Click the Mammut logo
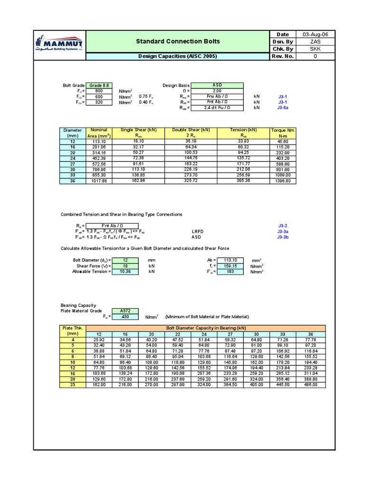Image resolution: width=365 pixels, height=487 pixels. click(x=59, y=45)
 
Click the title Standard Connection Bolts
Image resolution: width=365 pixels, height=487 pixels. click(x=178, y=41)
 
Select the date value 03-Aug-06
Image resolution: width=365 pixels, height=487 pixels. click(x=315, y=34)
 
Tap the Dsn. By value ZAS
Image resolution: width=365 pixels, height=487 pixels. click(x=315, y=41)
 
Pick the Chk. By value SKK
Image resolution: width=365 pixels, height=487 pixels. click(x=315, y=49)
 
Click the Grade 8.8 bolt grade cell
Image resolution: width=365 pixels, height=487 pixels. click(x=99, y=85)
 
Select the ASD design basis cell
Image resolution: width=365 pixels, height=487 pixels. click(x=217, y=85)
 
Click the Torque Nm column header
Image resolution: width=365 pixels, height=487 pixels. click(x=283, y=133)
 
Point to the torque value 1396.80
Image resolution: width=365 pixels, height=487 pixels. click(x=283, y=181)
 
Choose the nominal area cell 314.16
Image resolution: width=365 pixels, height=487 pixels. click(x=99, y=152)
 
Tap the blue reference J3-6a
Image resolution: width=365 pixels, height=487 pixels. click(x=283, y=108)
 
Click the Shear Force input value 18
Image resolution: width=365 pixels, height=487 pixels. click(x=125, y=266)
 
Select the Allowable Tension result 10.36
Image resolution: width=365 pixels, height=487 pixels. click(x=125, y=272)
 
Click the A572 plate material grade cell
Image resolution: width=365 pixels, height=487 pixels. click(x=125, y=311)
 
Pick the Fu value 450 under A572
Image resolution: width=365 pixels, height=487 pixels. click(x=125, y=317)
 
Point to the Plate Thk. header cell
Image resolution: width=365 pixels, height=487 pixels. click(x=73, y=331)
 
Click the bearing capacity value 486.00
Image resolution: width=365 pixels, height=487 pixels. click(x=311, y=384)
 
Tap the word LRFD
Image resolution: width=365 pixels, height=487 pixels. click(x=198, y=231)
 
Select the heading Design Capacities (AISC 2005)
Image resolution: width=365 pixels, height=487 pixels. click(x=177, y=56)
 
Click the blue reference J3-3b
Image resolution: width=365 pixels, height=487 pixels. click(x=283, y=237)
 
